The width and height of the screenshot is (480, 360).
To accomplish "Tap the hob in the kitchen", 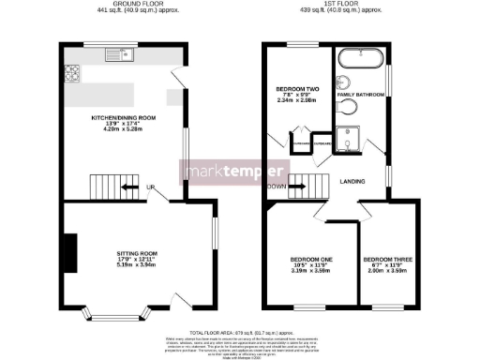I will click(71, 70).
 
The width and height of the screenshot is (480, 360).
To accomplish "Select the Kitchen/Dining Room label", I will click(117, 124).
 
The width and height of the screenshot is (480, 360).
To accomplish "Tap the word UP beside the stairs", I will click(149, 187).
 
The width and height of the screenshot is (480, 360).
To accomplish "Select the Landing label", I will click(352, 181).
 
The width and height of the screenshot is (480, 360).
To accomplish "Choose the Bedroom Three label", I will click(384, 264).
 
